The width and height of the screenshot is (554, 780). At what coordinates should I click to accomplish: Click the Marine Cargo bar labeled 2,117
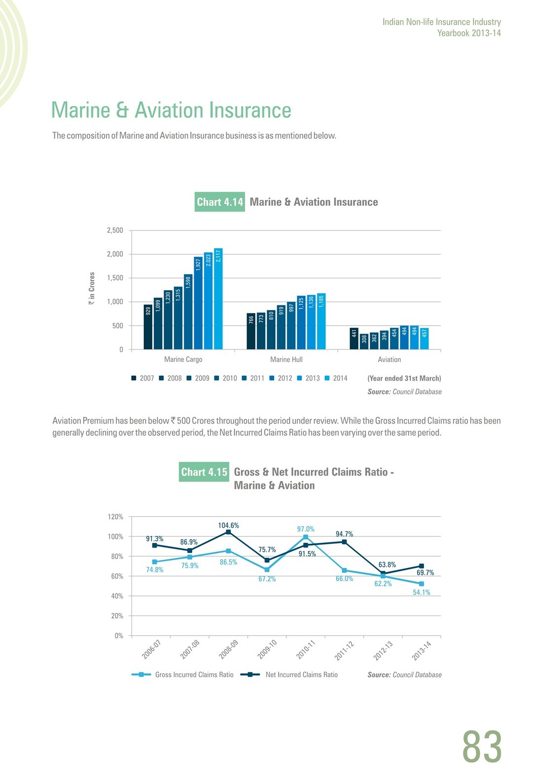coord(218,299)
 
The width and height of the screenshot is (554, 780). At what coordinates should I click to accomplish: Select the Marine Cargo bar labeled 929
coord(148,327)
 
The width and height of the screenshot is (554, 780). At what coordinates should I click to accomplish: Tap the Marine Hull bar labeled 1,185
coord(321,321)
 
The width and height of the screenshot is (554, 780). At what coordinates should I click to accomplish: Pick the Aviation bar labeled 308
coord(364,342)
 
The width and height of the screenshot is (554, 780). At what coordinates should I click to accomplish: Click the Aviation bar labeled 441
coord(354,339)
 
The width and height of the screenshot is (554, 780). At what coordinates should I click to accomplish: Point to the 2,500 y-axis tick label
coord(115,230)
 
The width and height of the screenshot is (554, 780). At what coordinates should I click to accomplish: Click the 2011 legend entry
coord(253,378)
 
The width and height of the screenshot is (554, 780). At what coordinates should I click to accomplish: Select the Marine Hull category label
coord(286,359)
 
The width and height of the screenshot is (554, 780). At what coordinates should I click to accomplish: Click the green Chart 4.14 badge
coord(220,202)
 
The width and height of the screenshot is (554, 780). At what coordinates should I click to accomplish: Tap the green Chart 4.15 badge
coord(204,472)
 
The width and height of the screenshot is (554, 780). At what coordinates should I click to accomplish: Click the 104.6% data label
coord(228,525)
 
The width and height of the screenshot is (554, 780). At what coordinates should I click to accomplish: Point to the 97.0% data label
coord(306,529)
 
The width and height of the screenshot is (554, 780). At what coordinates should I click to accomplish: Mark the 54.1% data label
coord(422,592)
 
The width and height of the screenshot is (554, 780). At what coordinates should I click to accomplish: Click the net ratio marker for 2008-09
coord(228,532)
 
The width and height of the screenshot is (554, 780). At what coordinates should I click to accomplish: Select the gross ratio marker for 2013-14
coord(422,584)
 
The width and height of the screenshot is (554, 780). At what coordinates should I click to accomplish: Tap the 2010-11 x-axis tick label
coord(306,650)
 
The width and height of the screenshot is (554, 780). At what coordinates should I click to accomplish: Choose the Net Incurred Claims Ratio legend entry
coord(289,675)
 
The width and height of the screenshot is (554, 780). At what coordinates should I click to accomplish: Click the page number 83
coord(482,746)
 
